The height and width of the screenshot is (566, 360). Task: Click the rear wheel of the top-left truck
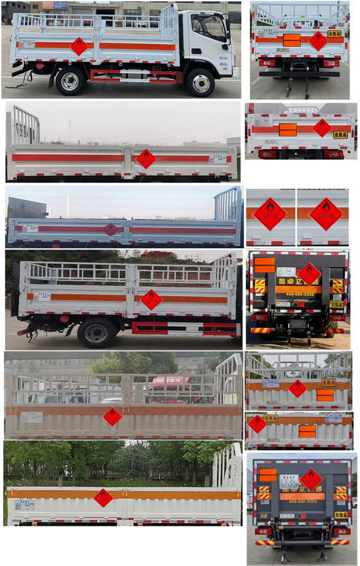[x=69, y=80]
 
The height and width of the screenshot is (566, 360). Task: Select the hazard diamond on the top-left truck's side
[x=79, y=46]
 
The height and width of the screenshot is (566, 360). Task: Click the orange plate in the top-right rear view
[x=291, y=40]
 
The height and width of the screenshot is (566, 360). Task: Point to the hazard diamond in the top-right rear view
[x=318, y=41]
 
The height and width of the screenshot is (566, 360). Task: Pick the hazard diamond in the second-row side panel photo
[x=146, y=158]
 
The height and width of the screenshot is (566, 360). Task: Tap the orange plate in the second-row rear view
[x=287, y=129]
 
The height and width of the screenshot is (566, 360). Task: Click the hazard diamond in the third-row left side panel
[x=111, y=229]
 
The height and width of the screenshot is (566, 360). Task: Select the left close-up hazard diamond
[x=270, y=214]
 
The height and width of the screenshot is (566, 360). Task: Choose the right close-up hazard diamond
[x=326, y=214]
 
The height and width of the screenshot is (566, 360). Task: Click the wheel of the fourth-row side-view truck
[x=96, y=334]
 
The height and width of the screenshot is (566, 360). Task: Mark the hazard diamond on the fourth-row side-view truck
[x=151, y=298]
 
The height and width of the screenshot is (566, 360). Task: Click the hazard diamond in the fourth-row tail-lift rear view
[x=309, y=273]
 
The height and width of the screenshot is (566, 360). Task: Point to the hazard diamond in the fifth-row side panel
[x=112, y=416]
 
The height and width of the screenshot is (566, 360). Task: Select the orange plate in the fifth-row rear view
[x=324, y=395]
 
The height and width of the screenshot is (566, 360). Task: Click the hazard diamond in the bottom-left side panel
[x=103, y=497]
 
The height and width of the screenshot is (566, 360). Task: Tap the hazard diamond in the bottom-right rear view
[x=311, y=479]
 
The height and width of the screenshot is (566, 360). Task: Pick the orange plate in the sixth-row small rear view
[x=307, y=431]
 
